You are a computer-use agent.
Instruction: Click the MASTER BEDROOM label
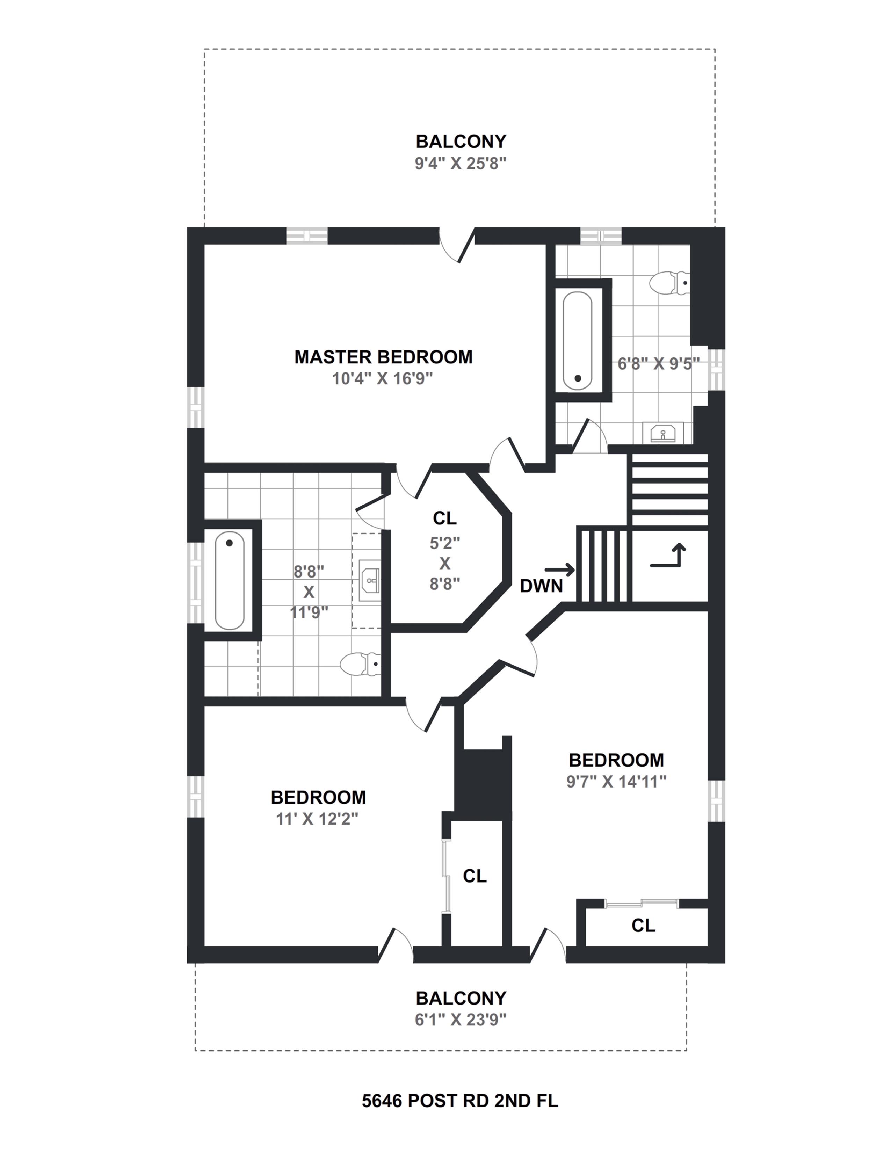[383, 357]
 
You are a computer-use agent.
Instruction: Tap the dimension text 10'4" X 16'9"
[382, 379]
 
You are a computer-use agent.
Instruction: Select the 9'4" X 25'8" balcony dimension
[460, 164]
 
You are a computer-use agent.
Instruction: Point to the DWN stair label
[541, 586]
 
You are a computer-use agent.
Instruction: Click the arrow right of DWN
[559, 570]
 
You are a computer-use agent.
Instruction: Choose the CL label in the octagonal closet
[444, 519]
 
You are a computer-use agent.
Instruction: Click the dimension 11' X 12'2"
[317, 819]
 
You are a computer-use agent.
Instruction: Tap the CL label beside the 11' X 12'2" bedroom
[475, 876]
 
